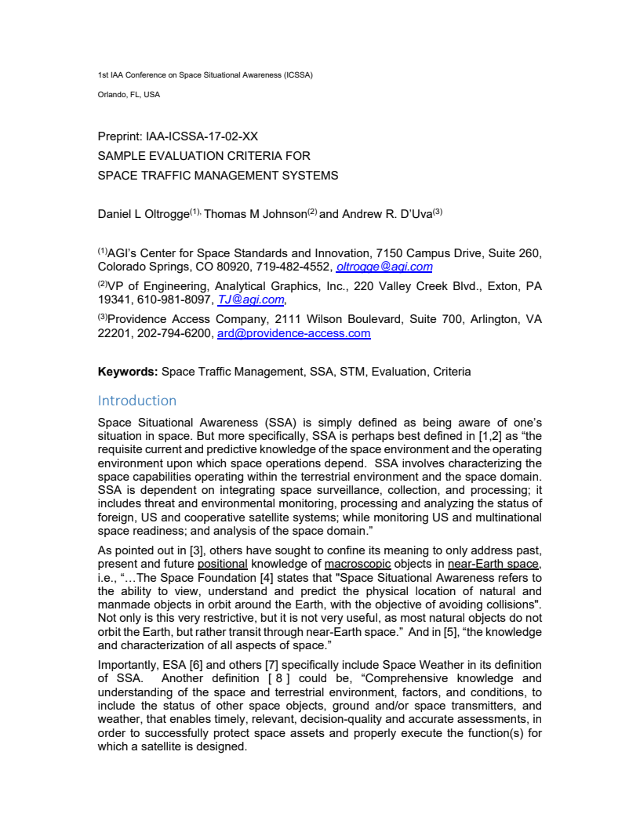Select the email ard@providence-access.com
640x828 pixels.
[x=293, y=333]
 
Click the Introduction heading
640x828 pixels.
[x=137, y=401]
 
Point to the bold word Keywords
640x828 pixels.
[x=128, y=372]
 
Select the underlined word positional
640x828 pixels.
[x=223, y=564]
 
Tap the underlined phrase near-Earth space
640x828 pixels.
[x=493, y=564]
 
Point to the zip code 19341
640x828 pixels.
[x=113, y=300]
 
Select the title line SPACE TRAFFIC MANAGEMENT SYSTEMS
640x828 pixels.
[x=218, y=176]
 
